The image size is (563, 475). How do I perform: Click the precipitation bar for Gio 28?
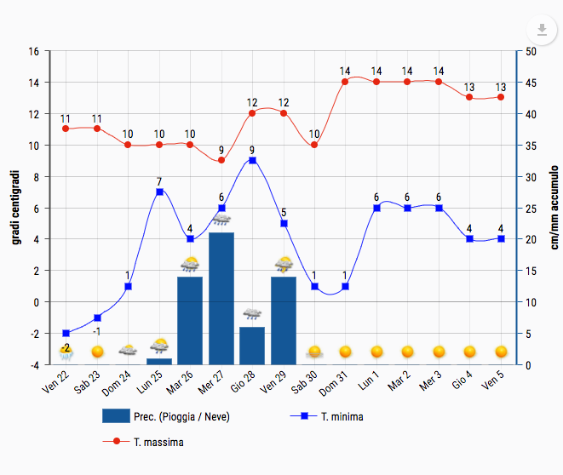(252, 346)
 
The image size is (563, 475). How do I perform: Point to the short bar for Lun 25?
(159, 362)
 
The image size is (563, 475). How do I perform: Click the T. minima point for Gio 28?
(252, 160)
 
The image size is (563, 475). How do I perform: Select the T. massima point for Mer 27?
(221, 160)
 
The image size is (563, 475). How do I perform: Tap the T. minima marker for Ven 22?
(66, 333)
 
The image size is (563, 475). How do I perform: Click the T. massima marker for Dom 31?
(345, 82)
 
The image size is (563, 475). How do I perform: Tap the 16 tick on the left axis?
(33, 51)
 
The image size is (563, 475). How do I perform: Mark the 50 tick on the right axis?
(531, 51)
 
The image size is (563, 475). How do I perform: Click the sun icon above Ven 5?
(501, 352)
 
